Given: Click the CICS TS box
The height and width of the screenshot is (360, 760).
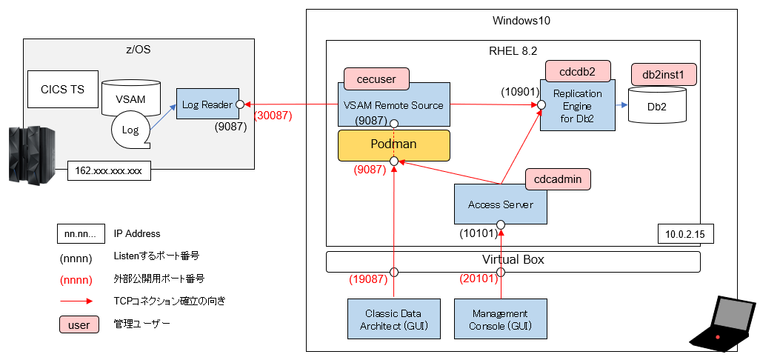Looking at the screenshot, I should [x=62, y=90].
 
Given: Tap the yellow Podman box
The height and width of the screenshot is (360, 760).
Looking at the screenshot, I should [x=394, y=145].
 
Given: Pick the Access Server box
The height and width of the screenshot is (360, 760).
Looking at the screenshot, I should [x=500, y=204].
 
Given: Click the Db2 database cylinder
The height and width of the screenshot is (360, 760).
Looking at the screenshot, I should [x=656, y=105].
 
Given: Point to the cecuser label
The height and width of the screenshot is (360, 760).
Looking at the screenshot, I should [x=376, y=78].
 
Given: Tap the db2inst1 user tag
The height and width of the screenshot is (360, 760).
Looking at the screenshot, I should [x=664, y=74].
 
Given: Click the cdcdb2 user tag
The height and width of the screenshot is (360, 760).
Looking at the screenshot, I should [x=577, y=71].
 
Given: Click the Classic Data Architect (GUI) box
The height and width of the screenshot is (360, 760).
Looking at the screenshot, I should [x=394, y=319].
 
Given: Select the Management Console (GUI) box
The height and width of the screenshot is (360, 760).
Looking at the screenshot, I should [x=500, y=319].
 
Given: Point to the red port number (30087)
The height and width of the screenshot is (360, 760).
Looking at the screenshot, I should [x=273, y=116].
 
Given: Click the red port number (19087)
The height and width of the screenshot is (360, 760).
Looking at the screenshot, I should [x=369, y=279].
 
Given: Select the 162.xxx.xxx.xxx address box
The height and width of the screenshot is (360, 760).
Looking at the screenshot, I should [x=109, y=170].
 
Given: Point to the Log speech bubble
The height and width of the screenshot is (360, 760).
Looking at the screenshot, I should [x=131, y=130].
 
